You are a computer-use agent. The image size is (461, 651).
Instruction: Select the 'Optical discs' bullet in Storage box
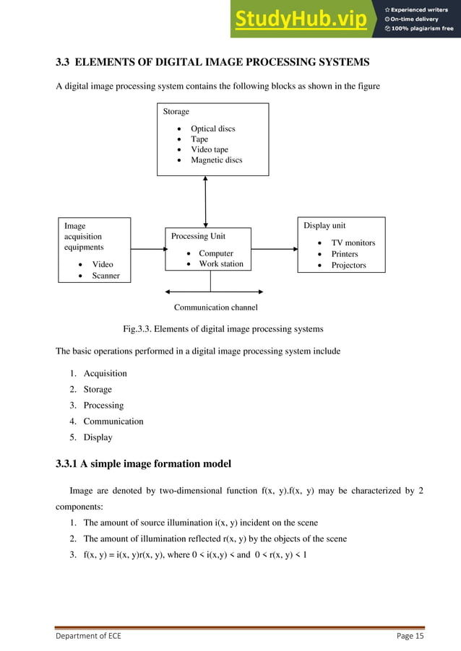coord(212,128)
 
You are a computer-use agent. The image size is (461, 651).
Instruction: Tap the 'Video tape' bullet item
coord(209,149)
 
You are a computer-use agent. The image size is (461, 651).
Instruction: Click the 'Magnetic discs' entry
coord(216,160)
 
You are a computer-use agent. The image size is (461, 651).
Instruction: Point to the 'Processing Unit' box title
coord(198,236)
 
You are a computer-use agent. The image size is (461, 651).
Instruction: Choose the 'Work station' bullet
coord(221,264)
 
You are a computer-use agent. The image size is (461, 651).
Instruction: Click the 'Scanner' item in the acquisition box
coord(105,276)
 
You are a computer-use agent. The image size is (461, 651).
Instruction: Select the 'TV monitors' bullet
coord(353,243)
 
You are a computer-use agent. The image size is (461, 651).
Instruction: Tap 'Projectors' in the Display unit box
coord(348,266)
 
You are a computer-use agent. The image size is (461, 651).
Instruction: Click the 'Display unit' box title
coord(324,226)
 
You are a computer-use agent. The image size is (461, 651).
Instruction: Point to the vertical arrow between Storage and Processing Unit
coord(206,201)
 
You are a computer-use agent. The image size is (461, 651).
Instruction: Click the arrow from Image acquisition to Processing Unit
coord(148,250)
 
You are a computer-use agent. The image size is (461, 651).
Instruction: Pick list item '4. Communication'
coord(113,421)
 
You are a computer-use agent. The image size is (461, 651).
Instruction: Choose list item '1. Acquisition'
coord(105,374)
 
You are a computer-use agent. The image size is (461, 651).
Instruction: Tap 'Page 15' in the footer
coord(410,636)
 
